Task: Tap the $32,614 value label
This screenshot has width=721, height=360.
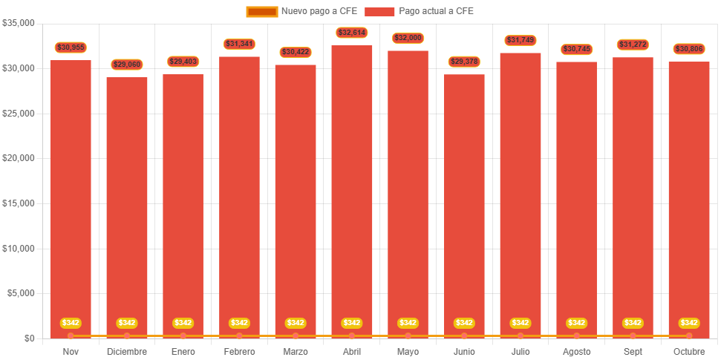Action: (352, 33)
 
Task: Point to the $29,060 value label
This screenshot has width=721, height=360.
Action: (127, 65)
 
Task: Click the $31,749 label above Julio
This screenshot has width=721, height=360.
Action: (521, 40)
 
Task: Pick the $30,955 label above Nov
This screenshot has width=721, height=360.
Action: (71, 48)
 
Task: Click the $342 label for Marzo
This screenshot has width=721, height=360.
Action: (296, 323)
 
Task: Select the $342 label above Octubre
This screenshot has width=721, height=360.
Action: (689, 323)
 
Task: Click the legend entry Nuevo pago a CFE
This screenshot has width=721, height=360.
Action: (302, 11)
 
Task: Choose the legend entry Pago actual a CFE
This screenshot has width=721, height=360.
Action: (420, 11)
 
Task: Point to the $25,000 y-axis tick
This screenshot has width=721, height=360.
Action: (19, 114)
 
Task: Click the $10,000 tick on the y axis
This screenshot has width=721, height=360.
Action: (19, 249)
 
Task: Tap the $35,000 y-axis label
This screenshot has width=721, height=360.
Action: (19, 23)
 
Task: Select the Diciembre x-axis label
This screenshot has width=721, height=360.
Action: (127, 351)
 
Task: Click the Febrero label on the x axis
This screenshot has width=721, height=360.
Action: (239, 351)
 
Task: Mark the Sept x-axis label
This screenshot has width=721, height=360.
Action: (633, 351)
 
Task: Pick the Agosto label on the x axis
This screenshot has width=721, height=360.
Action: (577, 351)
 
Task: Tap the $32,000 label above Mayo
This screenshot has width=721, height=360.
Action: (408, 38)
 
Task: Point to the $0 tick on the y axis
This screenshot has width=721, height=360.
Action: (28, 338)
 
